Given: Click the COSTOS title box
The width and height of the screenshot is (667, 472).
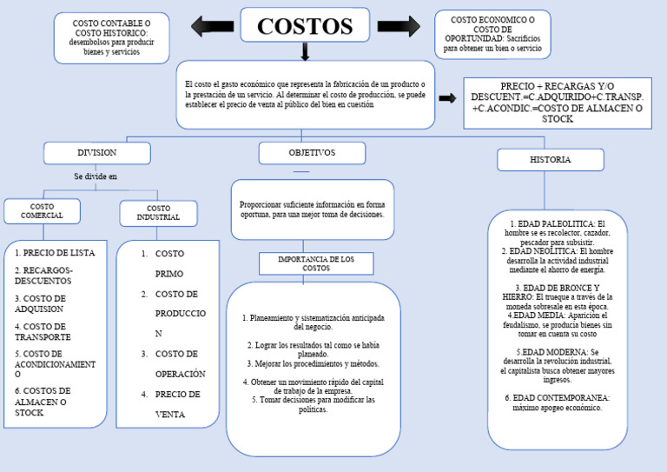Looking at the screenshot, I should tap(305, 25).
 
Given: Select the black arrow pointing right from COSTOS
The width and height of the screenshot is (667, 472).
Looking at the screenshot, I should tap(398, 26).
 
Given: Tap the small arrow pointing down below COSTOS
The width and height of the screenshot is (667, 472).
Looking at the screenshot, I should tap(305, 51).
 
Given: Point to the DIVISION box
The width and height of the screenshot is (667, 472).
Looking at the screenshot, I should tap(96, 153).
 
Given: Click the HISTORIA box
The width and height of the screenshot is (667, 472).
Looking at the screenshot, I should tap(550, 160).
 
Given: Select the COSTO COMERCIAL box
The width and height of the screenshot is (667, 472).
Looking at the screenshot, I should tap(42, 211).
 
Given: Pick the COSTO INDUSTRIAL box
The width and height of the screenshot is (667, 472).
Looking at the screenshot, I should tap(158, 213).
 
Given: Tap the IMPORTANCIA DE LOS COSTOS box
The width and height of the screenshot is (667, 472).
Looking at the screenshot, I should tap(315, 263).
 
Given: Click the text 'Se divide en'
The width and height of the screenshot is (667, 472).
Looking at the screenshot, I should tap(95, 176).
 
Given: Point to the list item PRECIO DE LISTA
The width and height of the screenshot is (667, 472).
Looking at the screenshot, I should tap(55, 253).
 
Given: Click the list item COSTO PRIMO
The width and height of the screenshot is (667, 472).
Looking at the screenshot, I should tap(169, 263).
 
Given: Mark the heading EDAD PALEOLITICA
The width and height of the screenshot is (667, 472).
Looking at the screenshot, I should tap(556, 224).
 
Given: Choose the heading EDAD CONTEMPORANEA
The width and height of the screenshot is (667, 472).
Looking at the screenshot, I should tap(558, 397).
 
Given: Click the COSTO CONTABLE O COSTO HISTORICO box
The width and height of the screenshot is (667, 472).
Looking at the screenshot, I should tap(111, 38).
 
